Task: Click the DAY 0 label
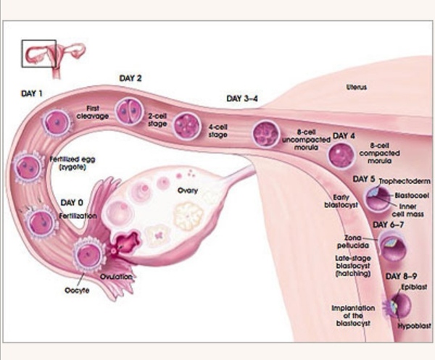tap(72, 203)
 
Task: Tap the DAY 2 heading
tap(130, 78)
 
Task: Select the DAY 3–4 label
tap(242, 99)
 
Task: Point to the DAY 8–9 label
tap(401, 276)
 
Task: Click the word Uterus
tap(357, 87)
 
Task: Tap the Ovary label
tap(188, 191)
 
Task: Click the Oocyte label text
tap(77, 290)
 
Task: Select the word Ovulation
tap(116, 277)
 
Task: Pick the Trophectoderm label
tap(405, 181)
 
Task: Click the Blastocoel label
tap(412, 196)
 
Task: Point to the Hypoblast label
tap(415, 326)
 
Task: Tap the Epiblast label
tap(414, 287)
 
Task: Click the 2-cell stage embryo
tap(129, 112)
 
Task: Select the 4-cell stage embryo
tap(187, 125)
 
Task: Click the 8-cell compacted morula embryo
tap(341, 154)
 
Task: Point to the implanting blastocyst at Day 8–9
tap(397, 306)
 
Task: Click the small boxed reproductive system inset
tap(39, 54)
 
